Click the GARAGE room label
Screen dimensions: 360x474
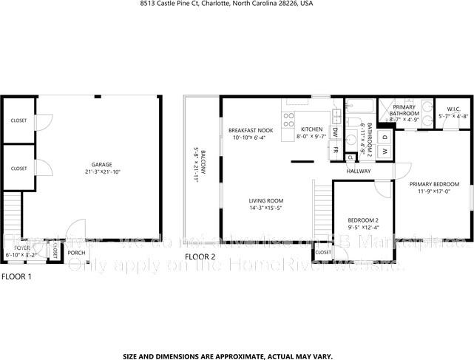[x=102, y=164]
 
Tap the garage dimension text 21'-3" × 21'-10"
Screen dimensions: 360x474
[x=102, y=171]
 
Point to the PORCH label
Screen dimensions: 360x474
[x=75, y=253]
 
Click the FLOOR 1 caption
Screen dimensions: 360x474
[x=16, y=277]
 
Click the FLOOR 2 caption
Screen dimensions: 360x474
[x=200, y=257]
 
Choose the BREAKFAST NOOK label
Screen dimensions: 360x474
[x=251, y=130]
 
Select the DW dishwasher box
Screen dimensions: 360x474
[x=335, y=131]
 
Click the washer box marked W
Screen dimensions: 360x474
[x=385, y=152]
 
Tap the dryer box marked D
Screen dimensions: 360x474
[x=385, y=137]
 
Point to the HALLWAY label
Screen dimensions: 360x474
[x=359, y=171]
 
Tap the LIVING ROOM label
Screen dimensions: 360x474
[x=265, y=200]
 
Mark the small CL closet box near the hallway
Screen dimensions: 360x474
[x=350, y=157]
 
